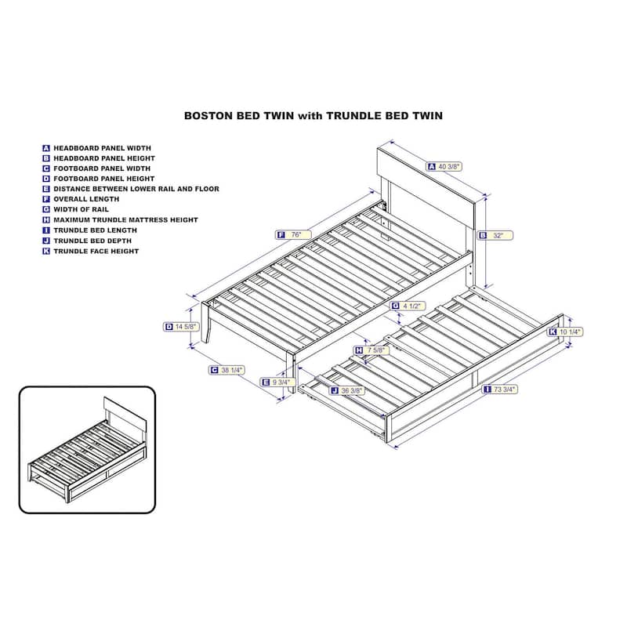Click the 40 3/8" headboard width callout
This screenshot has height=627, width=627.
click(x=444, y=166)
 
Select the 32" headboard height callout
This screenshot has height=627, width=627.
click(x=495, y=236)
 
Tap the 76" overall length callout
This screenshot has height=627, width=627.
click(x=293, y=234)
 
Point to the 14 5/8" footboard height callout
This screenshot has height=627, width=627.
click(x=182, y=327)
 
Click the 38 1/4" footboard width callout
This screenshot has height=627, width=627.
click(x=227, y=370)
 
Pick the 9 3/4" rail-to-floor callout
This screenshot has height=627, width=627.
click(x=278, y=382)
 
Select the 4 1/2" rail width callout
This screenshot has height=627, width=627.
click(x=408, y=306)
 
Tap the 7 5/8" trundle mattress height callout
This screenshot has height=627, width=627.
click(x=371, y=350)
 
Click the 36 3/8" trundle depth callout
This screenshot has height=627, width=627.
click(x=346, y=390)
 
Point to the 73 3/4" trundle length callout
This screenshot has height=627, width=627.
click(x=500, y=389)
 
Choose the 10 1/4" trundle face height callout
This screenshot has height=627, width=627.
click(x=565, y=332)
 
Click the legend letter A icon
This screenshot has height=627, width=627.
click(x=46, y=148)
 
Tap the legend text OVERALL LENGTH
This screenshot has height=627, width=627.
click(x=86, y=199)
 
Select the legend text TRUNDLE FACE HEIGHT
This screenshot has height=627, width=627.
click(x=96, y=251)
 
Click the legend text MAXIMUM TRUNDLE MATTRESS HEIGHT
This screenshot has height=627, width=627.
click(x=125, y=220)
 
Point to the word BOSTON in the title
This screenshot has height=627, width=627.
click(x=208, y=116)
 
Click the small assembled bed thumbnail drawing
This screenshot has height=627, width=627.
click(x=87, y=450)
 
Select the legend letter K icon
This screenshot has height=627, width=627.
click(x=46, y=251)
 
